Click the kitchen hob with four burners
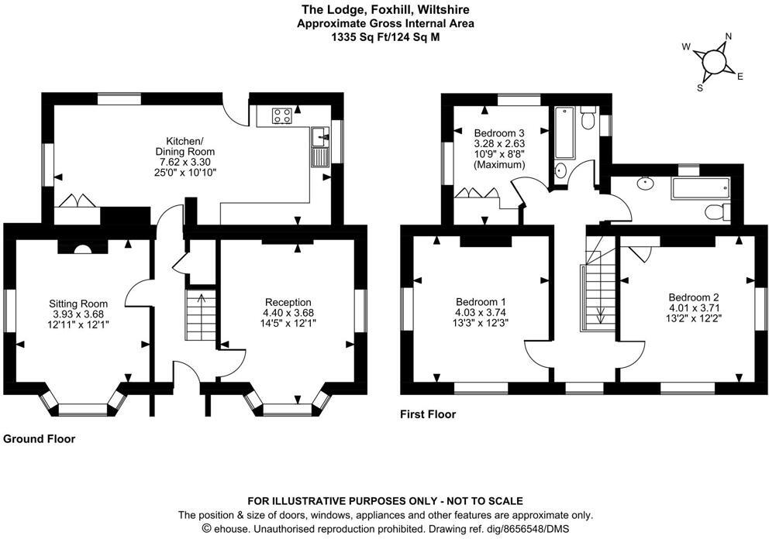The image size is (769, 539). tap(281, 116)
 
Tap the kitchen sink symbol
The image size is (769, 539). tap(319, 139)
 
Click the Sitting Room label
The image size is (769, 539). tap(78, 303)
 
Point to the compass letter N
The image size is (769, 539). tap(728, 36)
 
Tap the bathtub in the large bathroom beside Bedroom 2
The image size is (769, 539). tap(700, 187)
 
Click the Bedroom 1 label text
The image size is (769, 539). tap(481, 302)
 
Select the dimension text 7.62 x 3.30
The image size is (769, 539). tap(186, 163)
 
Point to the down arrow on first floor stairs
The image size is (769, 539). tap(599, 314)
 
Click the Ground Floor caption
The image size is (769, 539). tap(40, 439)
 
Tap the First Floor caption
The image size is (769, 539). tap(428, 414)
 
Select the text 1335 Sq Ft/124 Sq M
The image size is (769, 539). tap(385, 36)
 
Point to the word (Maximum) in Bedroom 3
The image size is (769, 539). tap(499, 165)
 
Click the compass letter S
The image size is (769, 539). tap(700, 88)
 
